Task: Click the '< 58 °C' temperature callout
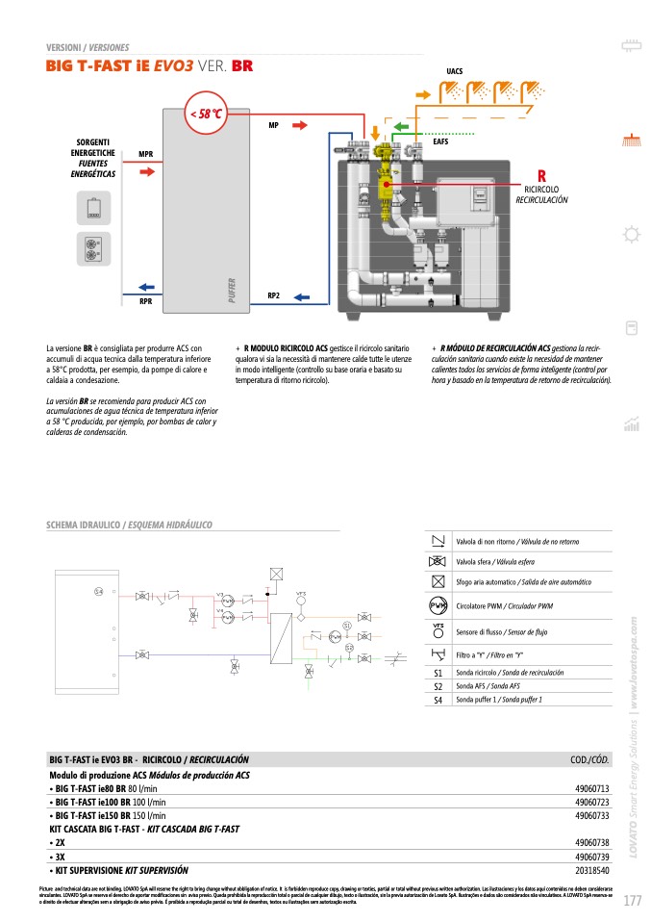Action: tap(206, 115)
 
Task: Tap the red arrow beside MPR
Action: tap(146, 171)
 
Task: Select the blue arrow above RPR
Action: tap(146, 286)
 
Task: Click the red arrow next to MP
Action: tap(299, 125)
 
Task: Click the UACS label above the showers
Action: tap(455, 72)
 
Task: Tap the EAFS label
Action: tap(441, 141)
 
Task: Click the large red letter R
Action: tap(541, 176)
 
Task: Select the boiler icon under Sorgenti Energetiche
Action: tap(93, 207)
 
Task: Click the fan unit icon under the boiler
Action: tap(93, 247)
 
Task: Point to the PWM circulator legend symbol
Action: tap(438, 605)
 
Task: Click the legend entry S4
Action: tap(438, 700)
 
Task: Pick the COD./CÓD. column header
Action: tap(589, 759)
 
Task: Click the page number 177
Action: tap(632, 901)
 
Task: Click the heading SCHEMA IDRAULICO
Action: tap(85, 525)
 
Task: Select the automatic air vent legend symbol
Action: tap(438, 582)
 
